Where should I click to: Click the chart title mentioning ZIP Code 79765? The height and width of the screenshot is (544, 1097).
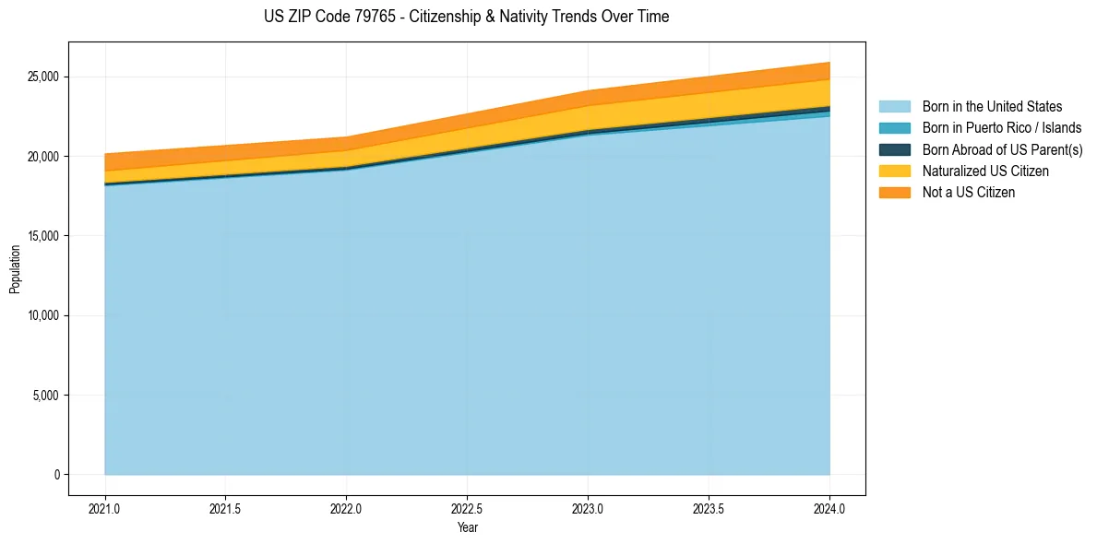[466, 17]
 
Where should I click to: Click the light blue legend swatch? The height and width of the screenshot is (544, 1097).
[894, 107]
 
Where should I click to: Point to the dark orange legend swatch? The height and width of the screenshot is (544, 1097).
[894, 193]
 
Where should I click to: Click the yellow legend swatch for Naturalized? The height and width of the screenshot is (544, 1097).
[894, 171]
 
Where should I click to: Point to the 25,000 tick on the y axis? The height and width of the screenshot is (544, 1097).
[43, 77]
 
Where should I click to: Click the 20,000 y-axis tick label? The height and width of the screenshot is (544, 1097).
[43, 157]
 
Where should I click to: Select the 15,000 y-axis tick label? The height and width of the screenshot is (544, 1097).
[43, 236]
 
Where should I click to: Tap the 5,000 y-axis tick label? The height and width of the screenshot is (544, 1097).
[46, 396]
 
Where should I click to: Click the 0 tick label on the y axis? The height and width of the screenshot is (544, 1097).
[55, 475]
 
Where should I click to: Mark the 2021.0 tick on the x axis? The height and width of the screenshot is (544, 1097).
[105, 508]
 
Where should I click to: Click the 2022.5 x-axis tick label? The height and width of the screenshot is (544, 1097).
[467, 508]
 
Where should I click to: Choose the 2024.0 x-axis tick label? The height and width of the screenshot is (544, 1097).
[829, 508]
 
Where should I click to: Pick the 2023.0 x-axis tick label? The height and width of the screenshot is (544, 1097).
[588, 508]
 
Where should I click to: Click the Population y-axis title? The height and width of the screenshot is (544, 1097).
[15, 269]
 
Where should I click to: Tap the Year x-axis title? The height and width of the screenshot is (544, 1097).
[467, 528]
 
